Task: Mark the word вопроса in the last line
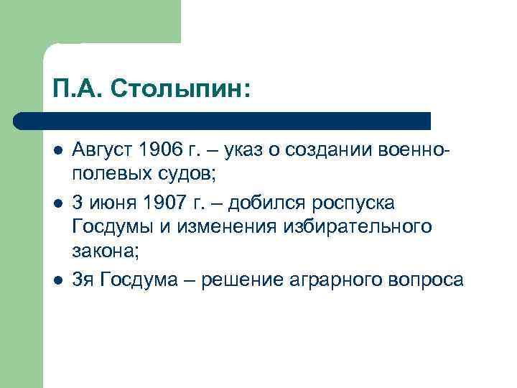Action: click(427, 280)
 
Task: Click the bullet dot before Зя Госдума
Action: click(56, 279)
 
